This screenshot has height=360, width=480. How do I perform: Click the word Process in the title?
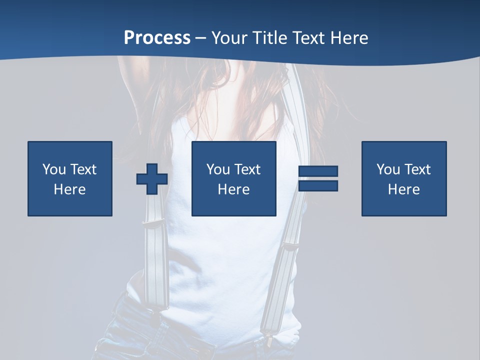coord(157,38)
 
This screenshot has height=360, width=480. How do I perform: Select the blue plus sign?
coord(152,178)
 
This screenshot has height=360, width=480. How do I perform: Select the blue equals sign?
coord(318,178)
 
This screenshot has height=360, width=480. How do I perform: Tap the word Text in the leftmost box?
coord(83,169)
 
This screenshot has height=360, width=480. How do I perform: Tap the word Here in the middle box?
coord(234,189)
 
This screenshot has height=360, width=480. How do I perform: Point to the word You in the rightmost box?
coord(388,169)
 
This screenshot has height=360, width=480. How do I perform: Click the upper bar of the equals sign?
coord(318,171)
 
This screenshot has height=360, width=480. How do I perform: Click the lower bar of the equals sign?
coord(318,186)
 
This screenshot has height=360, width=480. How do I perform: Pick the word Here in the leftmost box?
coord(70,189)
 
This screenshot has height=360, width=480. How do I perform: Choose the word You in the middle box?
coord(218,169)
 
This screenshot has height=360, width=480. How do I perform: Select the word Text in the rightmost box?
coord(417,169)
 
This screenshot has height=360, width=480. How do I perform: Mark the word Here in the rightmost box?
coord(404,189)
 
